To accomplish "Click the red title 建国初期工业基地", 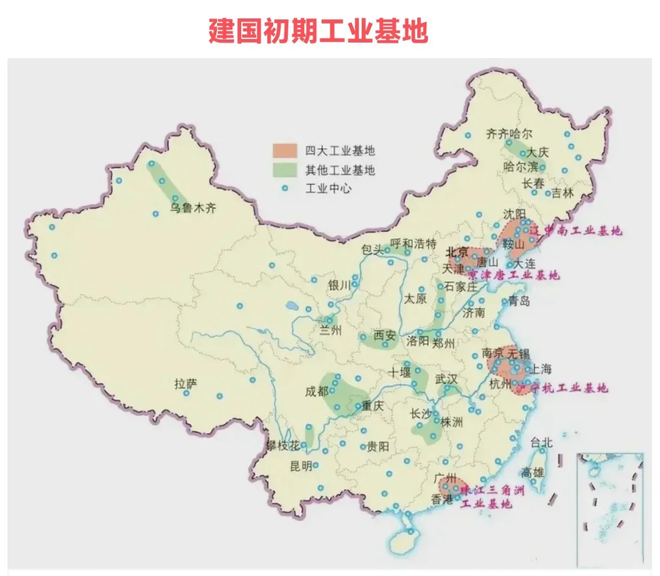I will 318,31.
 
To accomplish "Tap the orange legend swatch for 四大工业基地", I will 284,151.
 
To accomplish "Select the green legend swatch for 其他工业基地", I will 284,170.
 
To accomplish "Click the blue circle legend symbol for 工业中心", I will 285,188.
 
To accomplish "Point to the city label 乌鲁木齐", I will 193,208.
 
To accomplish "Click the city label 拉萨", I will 186,384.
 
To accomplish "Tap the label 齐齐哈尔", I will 508,133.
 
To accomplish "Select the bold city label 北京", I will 457,252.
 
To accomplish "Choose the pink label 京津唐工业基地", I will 513,275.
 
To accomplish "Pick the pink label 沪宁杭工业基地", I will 562,388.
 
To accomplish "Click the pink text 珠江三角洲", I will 492,490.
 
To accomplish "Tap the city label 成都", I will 316,391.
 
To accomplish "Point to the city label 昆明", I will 300,466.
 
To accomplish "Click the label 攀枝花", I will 283,445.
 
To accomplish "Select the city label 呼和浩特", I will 413,244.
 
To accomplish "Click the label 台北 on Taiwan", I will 541,442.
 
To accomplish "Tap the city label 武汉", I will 446,379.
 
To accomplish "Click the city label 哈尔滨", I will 520,167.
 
